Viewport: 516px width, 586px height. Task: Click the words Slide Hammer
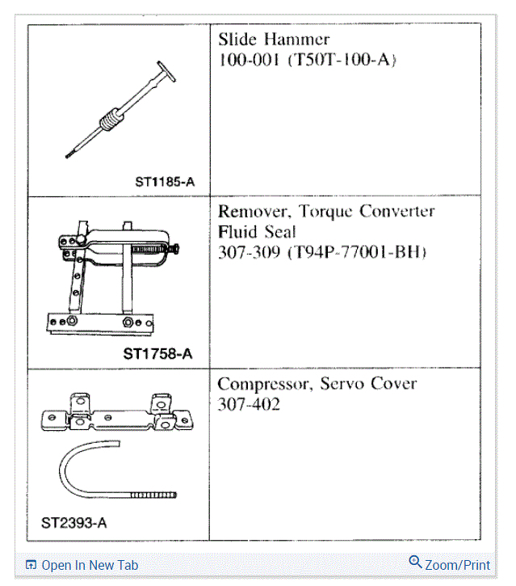click(274, 40)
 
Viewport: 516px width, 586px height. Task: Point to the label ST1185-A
click(165, 182)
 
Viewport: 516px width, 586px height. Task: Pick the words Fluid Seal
click(258, 232)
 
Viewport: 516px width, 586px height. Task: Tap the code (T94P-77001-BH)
click(355, 252)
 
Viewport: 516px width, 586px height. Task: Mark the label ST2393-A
click(73, 522)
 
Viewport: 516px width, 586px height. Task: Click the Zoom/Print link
click(457, 565)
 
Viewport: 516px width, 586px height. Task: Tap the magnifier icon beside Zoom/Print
click(416, 563)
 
